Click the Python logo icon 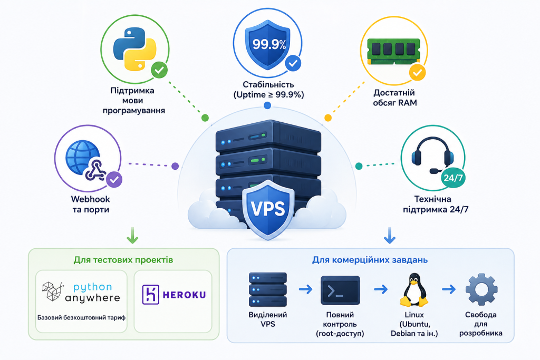pos(134,49)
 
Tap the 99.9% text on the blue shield pos(269,44)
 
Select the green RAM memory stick pos(393,51)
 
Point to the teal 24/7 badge pos(453,178)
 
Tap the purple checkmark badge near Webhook pos(114,179)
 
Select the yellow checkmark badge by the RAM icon pos(417,73)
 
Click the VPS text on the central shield pos(268,208)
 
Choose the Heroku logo pos(174,295)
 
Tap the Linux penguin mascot pos(414,290)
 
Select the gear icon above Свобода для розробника pos(481,289)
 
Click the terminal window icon pos(340,290)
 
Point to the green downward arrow pos(132,235)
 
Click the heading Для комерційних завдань pos(370,260)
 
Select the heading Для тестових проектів pos(123,260)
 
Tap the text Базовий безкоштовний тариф pos(81,318)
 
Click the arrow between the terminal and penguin pos(381,289)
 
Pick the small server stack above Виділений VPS pos(267,289)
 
